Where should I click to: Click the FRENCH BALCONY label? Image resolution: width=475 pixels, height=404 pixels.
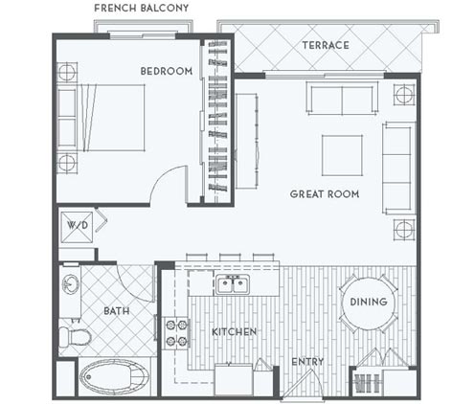(142, 9)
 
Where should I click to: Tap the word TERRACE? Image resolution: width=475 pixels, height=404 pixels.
(325, 45)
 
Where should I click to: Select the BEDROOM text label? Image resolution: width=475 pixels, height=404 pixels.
(167, 71)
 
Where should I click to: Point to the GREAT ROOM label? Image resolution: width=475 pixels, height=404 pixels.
(325, 193)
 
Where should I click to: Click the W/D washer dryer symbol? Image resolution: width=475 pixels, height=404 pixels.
(76, 228)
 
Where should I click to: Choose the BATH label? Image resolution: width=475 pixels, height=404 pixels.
(116, 311)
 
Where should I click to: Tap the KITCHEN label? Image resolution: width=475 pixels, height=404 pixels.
(234, 331)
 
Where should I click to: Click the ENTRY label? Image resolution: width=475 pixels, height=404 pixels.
(306, 361)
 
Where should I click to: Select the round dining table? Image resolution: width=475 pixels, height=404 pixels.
(369, 303)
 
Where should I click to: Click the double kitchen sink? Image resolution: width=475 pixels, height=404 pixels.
(231, 284)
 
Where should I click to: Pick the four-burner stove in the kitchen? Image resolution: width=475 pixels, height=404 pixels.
(178, 331)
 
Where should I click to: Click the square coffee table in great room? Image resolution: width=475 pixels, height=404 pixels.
(341, 155)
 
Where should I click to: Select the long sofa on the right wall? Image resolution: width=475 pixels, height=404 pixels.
(396, 168)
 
